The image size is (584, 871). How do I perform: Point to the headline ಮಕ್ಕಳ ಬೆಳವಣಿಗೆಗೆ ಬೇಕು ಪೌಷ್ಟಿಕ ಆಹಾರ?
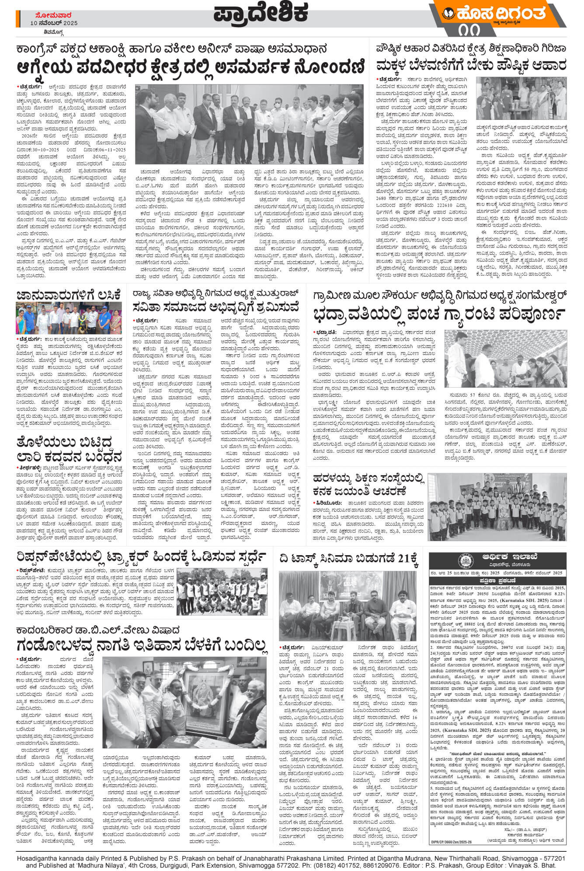coord(471,66)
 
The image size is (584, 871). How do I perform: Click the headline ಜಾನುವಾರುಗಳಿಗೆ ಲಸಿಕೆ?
coord(68,294)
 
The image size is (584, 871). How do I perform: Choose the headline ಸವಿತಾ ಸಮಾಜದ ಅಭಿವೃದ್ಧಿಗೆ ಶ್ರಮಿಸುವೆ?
coord(217,307)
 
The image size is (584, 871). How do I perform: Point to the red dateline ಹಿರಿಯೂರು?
coord(327,503)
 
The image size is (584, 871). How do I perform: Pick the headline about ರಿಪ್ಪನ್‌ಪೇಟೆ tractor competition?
coord(141,557)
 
